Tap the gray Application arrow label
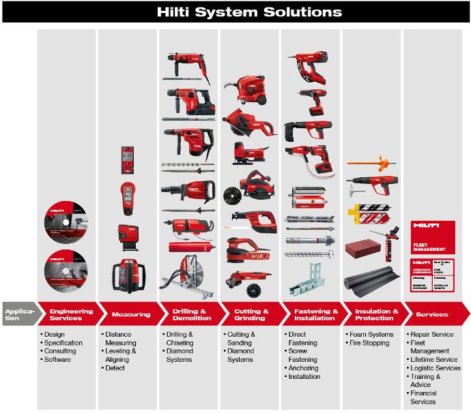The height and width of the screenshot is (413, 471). [18, 314]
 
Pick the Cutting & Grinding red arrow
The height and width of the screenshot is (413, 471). [251, 314]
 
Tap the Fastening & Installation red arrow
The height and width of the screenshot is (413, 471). [312, 314]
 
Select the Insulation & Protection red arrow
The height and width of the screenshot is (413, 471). [373, 314]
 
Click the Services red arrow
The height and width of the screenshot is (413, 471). [433, 314]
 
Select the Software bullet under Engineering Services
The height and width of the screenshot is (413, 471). [57, 359]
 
